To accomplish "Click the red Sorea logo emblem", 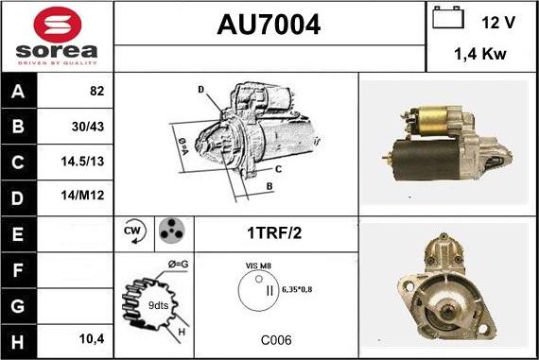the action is pos(58,25).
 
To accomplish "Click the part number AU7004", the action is pos(269,25).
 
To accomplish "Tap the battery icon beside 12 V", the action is pos(448,18).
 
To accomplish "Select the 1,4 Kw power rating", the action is pos(480,54).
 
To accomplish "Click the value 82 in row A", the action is pos(97,91).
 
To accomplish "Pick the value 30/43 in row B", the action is pos(88,127).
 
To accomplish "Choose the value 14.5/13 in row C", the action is pos(82,162).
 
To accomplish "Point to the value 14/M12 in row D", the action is pos(82,196).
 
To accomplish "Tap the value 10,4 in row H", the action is pos(92,339).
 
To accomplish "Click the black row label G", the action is pos(18,306).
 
